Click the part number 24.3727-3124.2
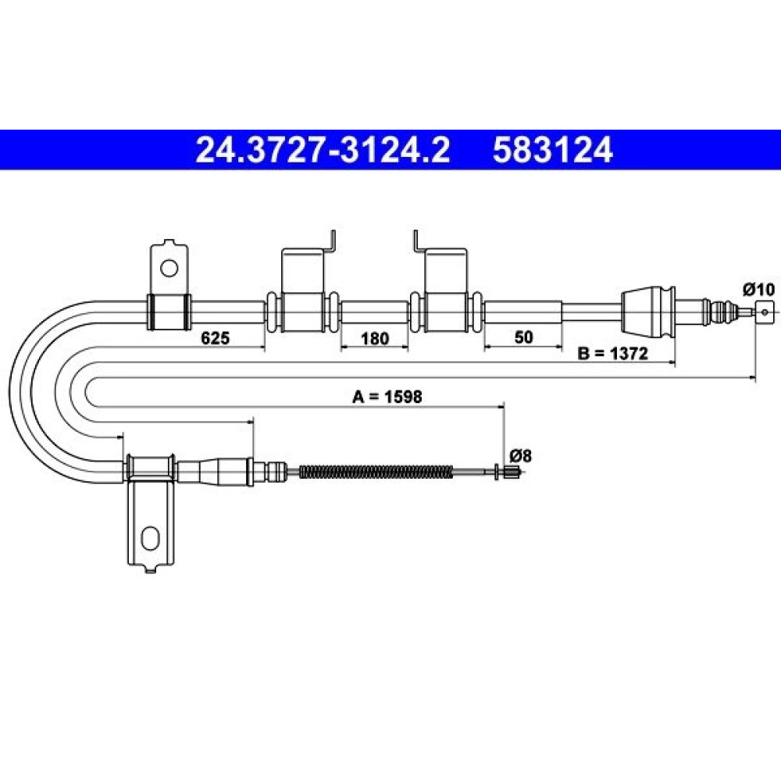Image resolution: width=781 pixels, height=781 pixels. [323, 150]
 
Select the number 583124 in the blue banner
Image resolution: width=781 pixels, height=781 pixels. [552, 150]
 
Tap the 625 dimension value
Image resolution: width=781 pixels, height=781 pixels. [216, 338]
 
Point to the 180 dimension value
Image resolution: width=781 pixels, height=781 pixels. [374, 339]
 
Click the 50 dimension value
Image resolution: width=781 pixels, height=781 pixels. [523, 337]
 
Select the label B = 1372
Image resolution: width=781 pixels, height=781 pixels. [612, 354]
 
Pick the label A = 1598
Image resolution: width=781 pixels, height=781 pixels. [387, 397]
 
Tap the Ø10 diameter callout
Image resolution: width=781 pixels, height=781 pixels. [759, 290]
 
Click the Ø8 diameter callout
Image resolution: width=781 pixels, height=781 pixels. [520, 456]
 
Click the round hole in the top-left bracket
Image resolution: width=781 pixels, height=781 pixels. [169, 269]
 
